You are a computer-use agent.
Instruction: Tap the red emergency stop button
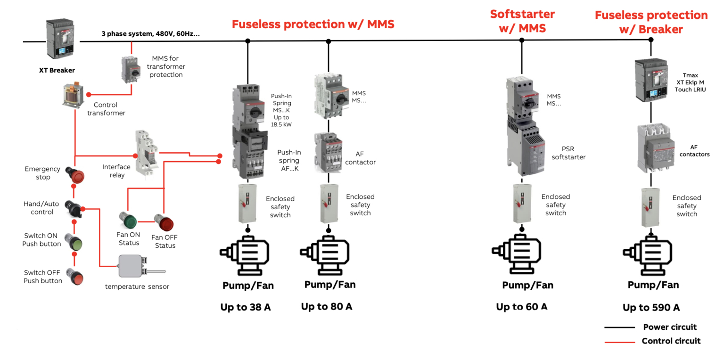click(76, 176)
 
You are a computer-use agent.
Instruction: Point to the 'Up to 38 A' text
click(246, 307)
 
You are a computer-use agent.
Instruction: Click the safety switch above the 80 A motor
click(328, 204)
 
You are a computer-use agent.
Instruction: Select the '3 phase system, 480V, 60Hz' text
click(150, 34)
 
